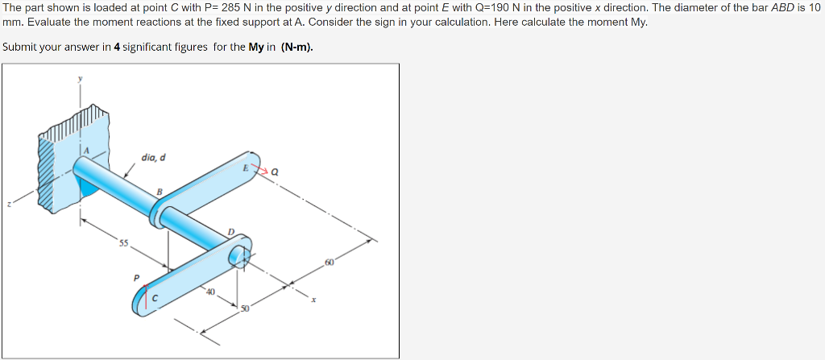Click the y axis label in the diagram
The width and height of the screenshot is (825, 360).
(x=80, y=79)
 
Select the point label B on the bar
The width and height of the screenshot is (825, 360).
(x=160, y=192)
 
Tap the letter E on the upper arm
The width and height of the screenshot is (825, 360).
(x=245, y=168)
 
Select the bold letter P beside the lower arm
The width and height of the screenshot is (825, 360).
(x=136, y=278)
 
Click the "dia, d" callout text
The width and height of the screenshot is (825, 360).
(x=153, y=157)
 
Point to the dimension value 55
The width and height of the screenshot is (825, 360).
(x=124, y=242)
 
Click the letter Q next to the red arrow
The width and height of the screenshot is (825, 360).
(x=276, y=172)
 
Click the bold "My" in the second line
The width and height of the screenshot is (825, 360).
(x=256, y=47)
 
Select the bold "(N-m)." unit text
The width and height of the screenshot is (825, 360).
(x=297, y=47)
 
